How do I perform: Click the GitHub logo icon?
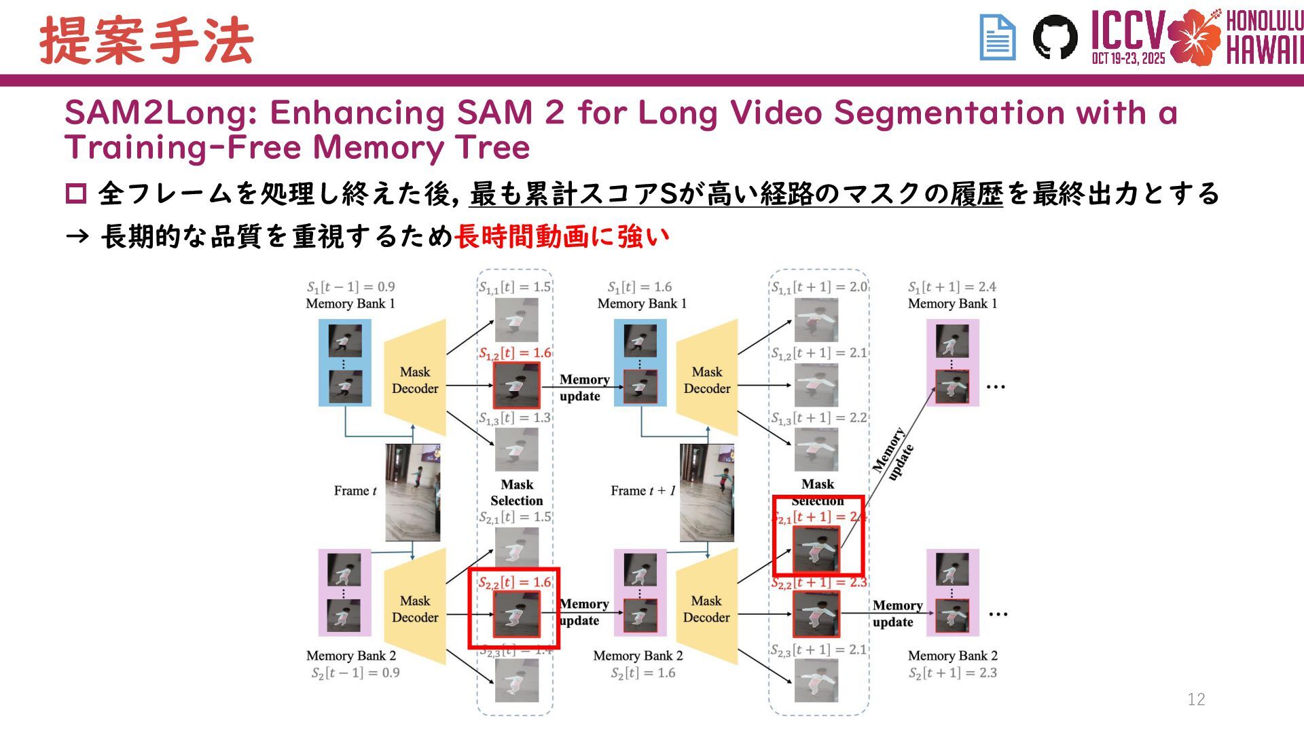click(1055, 37)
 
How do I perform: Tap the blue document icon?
click(997, 38)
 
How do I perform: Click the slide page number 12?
click(1196, 699)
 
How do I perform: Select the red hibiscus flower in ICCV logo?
click(1194, 37)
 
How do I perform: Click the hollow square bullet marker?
click(75, 194)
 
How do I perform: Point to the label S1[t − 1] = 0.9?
click(350, 287)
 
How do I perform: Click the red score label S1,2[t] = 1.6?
click(515, 353)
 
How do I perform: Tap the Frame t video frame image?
click(412, 492)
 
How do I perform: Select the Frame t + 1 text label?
click(642, 491)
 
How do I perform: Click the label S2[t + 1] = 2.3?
click(953, 673)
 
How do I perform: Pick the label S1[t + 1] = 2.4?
click(952, 287)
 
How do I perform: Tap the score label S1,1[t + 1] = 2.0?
click(819, 287)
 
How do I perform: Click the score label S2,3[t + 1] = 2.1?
click(818, 650)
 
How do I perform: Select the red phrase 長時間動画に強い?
click(562, 237)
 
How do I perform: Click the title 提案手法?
click(147, 41)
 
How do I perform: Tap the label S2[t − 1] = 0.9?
click(355, 673)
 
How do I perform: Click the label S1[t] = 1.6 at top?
click(640, 287)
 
